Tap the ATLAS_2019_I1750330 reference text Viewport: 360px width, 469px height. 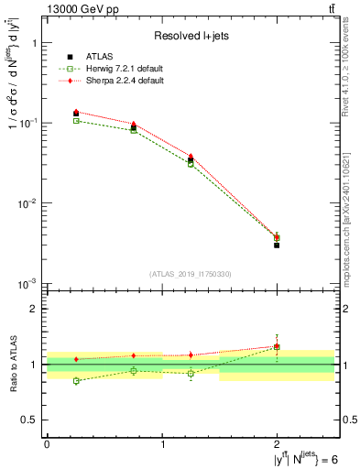click(191, 273)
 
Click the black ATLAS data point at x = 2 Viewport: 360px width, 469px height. click(277, 245)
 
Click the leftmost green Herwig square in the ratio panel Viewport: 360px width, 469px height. click(76, 381)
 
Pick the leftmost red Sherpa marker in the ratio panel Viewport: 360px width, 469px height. click(76, 359)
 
